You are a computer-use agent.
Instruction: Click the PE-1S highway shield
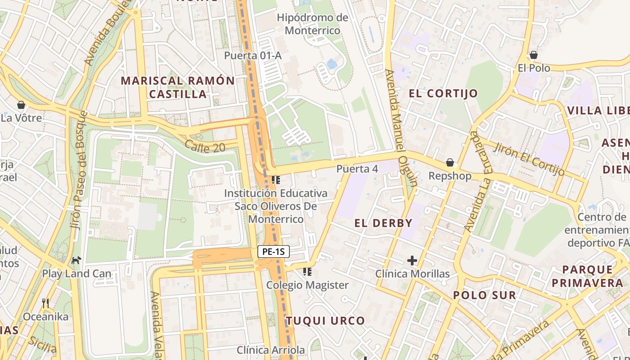[273, 252]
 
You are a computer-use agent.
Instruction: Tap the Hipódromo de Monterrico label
[312, 24]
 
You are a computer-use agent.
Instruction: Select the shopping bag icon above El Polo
[533, 55]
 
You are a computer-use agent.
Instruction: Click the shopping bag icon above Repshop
[450, 162]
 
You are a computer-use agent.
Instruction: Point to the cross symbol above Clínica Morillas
[412, 261]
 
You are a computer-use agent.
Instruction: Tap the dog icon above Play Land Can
[76, 260]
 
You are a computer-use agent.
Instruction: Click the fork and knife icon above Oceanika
[45, 303]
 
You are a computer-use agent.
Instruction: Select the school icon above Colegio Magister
[307, 271]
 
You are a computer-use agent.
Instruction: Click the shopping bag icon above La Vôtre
[21, 105]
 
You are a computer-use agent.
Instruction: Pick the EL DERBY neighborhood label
[383, 223]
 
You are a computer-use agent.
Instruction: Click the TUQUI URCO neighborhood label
[325, 321]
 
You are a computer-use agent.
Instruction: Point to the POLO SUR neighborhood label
[484, 296]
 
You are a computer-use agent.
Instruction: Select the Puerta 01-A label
[252, 56]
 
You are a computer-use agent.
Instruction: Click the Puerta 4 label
[357, 169]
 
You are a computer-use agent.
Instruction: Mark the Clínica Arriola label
[270, 350]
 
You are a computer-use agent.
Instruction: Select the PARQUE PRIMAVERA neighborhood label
[587, 276]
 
